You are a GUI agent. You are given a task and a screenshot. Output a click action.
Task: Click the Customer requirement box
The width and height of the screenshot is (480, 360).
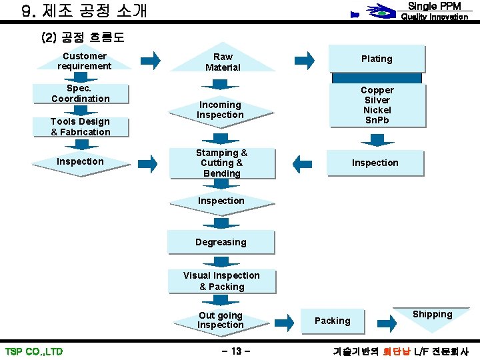pos(84,61)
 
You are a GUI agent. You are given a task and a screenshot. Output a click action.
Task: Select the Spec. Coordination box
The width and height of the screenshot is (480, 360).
pos(81,93)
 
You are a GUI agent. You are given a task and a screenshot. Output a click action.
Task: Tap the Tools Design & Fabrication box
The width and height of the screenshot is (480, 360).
pos(81,127)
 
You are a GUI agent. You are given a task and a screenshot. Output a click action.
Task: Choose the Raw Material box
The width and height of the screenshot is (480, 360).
pos(222,62)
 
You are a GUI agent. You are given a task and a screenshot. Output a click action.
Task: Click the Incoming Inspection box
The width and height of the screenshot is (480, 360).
pos(220,110)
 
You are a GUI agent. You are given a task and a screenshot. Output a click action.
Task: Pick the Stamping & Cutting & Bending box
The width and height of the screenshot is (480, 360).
pos(221,163)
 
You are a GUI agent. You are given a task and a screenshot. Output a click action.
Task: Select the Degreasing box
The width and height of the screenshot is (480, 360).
pos(221,242)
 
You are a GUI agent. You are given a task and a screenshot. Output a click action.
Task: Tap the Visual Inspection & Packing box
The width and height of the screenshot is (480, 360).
pos(221,281)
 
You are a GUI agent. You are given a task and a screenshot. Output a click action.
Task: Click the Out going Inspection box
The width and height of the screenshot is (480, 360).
pos(221,320)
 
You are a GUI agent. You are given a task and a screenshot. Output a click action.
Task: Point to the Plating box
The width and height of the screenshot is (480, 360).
pos(377,59)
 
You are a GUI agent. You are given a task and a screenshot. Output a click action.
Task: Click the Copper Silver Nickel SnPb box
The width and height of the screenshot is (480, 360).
pos(377,105)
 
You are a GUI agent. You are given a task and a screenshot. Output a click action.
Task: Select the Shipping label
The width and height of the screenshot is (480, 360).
pos(432,315)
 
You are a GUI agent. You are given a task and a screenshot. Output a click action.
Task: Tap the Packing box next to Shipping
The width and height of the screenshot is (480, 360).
pos(333,321)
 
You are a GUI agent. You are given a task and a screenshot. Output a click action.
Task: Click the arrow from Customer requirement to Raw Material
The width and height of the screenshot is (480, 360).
pos(151,61)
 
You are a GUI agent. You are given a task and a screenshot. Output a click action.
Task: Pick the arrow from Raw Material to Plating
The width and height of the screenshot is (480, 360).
pos(305,61)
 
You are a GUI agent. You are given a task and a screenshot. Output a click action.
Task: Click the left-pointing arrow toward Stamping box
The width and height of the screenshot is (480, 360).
pos(302,163)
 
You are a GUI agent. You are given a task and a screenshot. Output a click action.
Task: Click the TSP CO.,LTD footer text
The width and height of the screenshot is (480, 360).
pos(34,351)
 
